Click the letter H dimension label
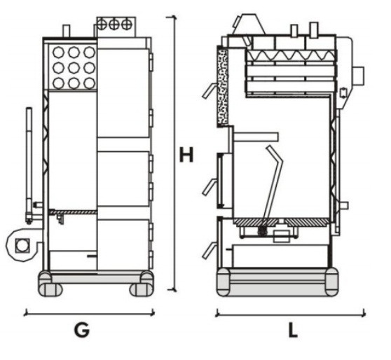(x=186, y=155)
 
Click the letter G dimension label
(x=82, y=330)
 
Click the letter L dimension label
(x=293, y=330)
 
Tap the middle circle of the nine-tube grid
(x=74, y=68)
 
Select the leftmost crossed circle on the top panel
(x=102, y=25)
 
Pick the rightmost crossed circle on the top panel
(x=126, y=25)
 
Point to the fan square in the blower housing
(x=22, y=245)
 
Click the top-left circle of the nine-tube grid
(x=59, y=53)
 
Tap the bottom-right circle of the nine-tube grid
(x=90, y=83)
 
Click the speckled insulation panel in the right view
(x=223, y=87)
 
